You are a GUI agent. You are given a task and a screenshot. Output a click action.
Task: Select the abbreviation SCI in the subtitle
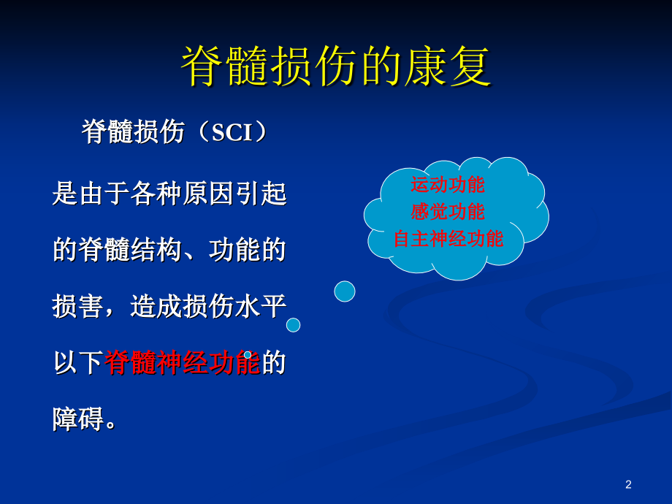tap(232, 132)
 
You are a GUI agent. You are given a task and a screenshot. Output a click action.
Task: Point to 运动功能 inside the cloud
tap(448, 185)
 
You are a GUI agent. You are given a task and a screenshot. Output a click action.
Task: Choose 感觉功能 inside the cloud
tap(448, 212)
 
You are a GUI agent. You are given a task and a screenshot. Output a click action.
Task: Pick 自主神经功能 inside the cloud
tap(448, 239)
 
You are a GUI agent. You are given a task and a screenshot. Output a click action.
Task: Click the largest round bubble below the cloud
tap(345, 291)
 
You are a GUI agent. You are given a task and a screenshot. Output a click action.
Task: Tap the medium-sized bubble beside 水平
tap(293, 325)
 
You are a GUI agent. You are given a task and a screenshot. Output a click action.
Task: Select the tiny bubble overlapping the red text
tap(248, 355)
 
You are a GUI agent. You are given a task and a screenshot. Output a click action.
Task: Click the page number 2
tap(628, 484)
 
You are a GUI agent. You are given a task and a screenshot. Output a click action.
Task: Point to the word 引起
tap(261, 194)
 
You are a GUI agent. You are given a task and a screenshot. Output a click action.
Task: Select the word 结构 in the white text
tap(156, 250)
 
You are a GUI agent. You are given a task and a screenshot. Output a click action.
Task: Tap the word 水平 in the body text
tap(261, 306)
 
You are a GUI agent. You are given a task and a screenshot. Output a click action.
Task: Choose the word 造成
tap(156, 306)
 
